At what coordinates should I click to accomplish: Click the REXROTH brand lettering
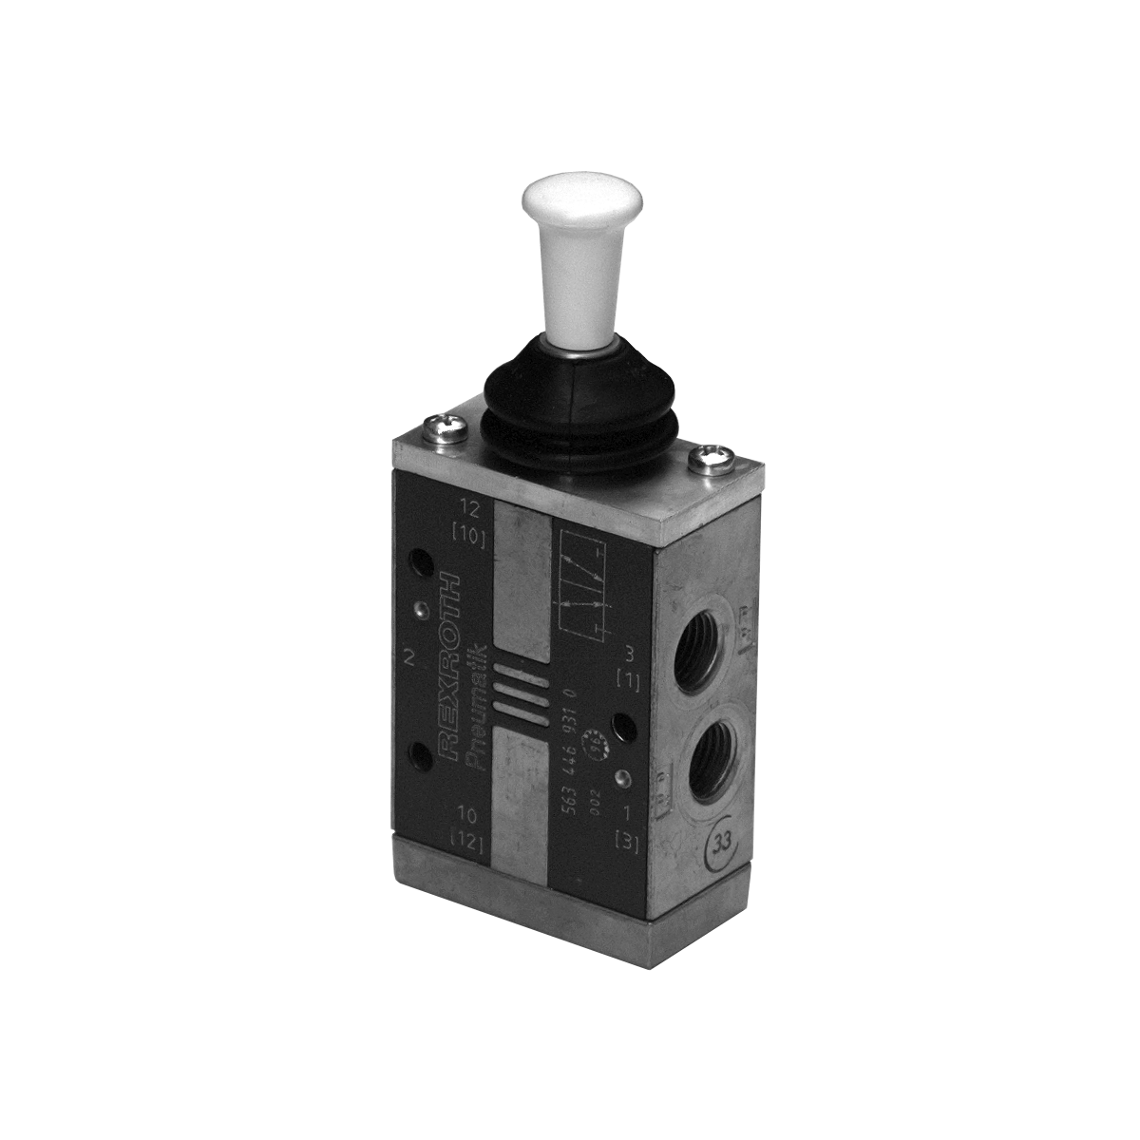coord(453,665)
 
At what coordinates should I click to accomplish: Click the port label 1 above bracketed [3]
coord(625,813)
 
